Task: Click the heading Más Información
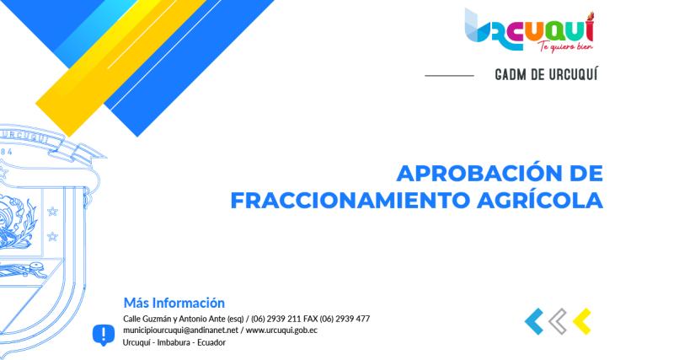click(174, 302)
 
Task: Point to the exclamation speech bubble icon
click(104, 335)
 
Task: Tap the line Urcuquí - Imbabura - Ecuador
click(174, 342)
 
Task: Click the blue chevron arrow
click(533, 320)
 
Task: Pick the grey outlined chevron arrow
click(557, 320)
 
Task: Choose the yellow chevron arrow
click(580, 320)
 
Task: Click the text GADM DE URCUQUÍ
click(547, 75)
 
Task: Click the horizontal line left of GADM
click(449, 76)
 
